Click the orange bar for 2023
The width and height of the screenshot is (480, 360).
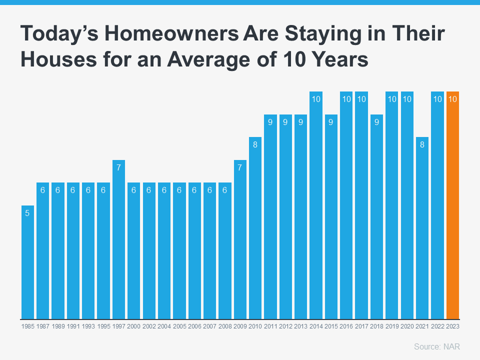point(452,205)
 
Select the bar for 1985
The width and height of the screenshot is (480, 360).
point(27,262)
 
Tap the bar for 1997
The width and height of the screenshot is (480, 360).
point(118,239)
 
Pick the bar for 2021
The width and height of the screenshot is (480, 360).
point(422,228)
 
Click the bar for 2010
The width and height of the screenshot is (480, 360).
point(255,228)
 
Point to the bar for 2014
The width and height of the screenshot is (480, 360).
point(316,205)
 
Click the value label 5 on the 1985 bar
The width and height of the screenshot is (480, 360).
point(27,213)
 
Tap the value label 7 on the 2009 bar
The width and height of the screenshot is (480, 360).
point(239,167)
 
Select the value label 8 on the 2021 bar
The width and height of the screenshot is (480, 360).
point(422,144)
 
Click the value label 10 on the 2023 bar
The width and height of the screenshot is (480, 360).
point(452,99)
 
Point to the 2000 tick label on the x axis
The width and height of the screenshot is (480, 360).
point(134,326)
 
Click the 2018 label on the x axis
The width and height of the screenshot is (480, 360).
point(376,326)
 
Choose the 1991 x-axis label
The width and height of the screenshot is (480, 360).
point(73,326)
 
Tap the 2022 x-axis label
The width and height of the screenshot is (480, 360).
point(437,326)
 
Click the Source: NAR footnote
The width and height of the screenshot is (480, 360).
point(437,346)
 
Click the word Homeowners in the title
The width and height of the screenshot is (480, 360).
point(171,33)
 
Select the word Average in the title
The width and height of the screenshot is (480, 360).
point(208,59)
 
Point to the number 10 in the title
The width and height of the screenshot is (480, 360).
point(294,59)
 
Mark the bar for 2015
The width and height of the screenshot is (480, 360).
point(331,216)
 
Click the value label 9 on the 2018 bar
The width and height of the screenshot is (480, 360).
point(376,122)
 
